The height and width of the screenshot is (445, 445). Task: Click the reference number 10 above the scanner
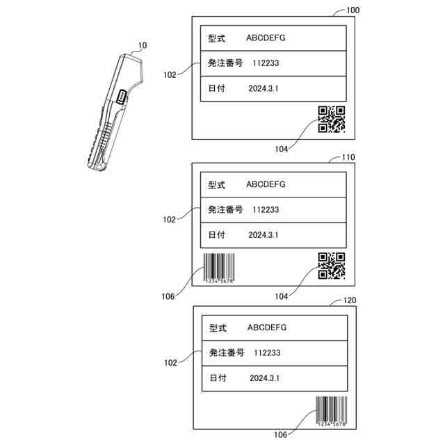tap(142, 46)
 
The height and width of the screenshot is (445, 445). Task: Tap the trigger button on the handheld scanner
tap(122, 97)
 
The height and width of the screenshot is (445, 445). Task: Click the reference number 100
tap(353, 10)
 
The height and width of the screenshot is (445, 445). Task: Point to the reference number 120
tap(352, 302)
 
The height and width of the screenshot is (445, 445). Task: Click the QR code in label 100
tap(332, 119)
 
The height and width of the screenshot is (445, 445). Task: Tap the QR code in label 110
tap(332, 266)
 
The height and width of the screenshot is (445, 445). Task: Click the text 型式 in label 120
tap(218, 327)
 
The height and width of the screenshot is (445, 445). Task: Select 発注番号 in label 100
tap(225, 63)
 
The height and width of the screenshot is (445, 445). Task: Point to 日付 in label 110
tap(216, 235)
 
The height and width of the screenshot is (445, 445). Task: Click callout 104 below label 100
tap(281, 149)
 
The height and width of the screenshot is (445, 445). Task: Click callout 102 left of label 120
tap(170, 362)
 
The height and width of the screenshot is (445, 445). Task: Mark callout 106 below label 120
tap(280, 435)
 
